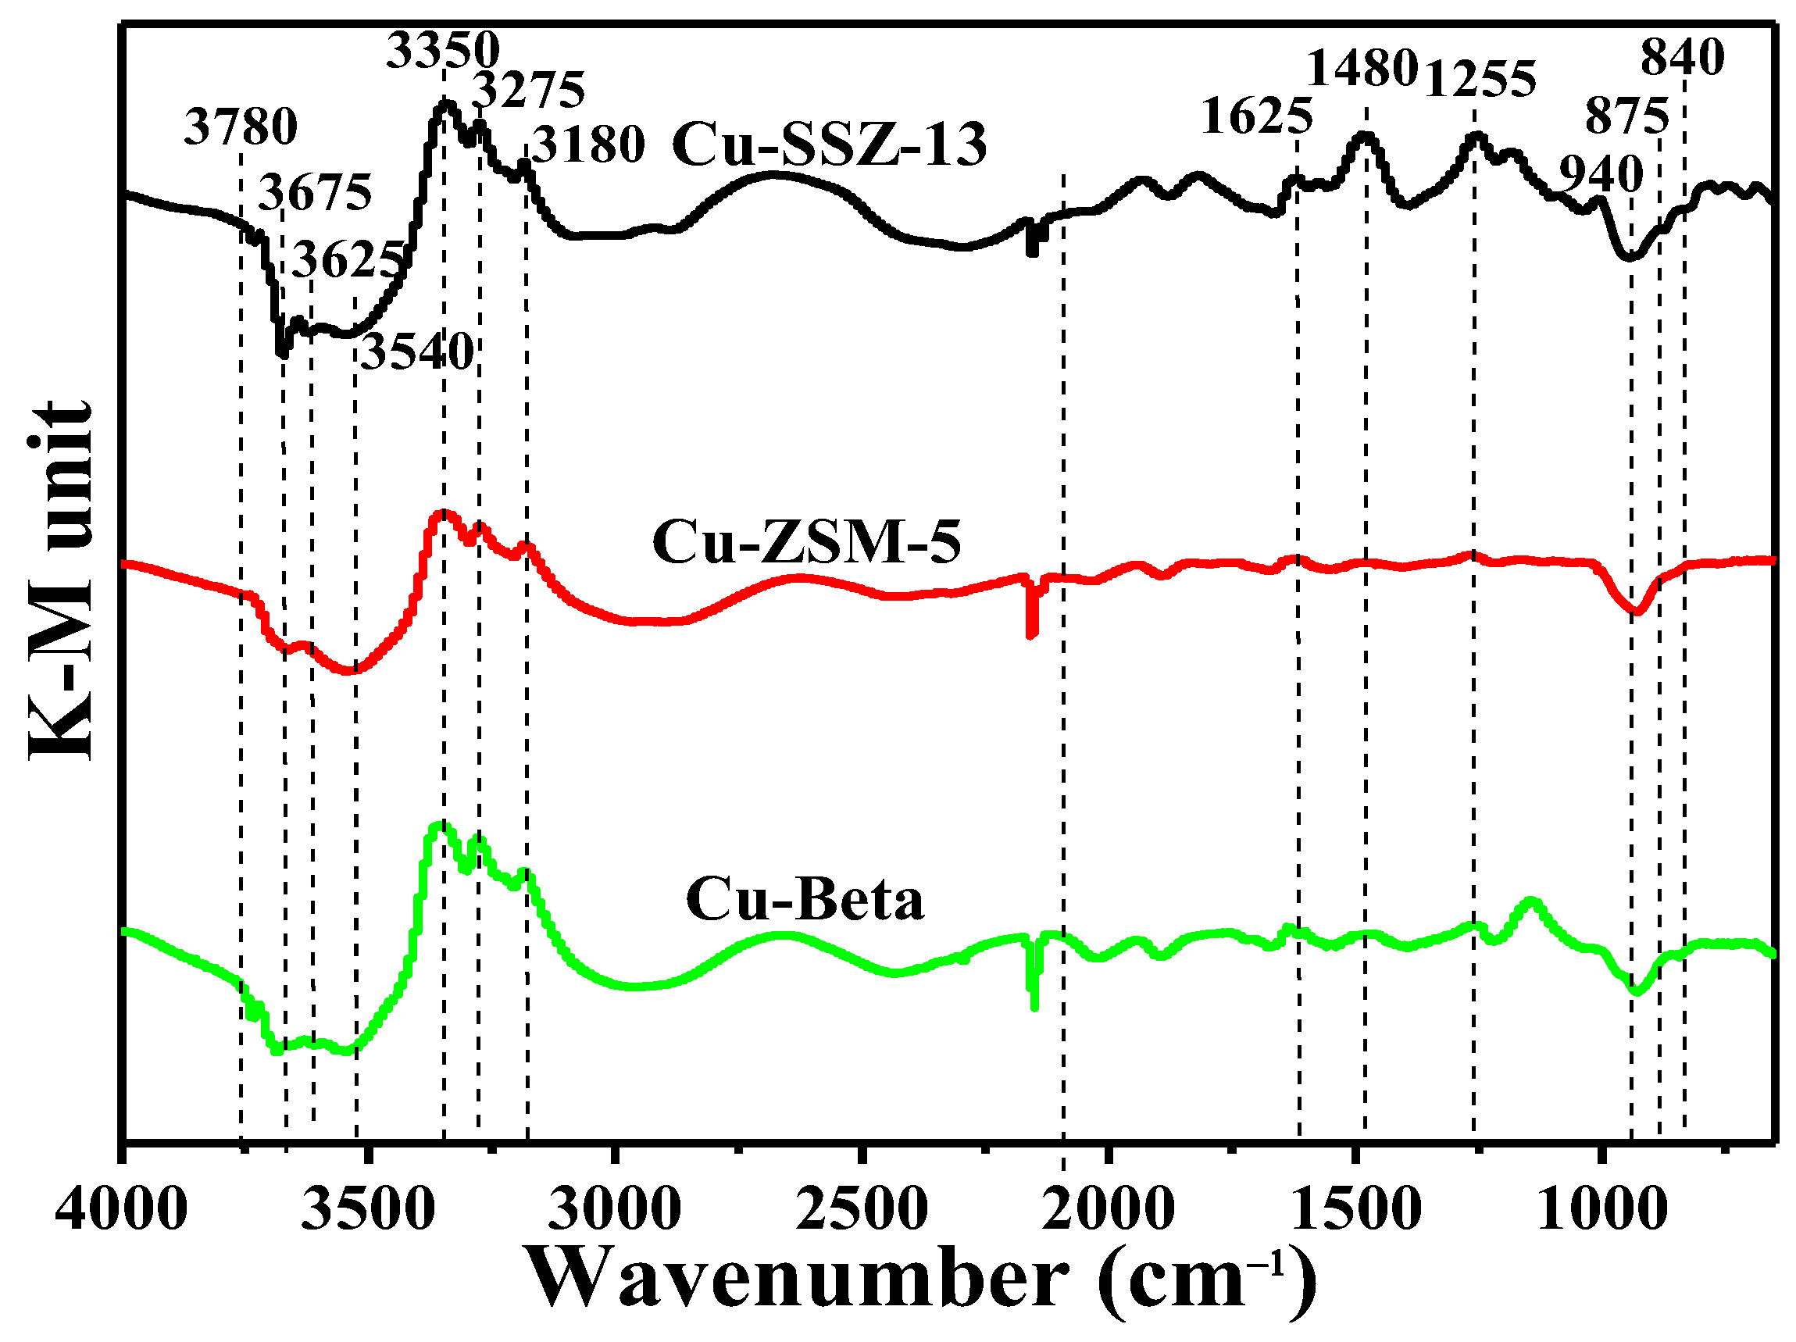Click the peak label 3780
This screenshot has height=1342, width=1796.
coord(241,127)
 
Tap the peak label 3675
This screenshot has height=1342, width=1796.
coord(315,193)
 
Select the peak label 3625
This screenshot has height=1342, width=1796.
coord(348,260)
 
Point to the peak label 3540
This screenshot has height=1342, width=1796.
coord(417,352)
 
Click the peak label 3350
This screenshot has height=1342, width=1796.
coord(442,50)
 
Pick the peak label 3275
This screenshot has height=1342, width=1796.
coord(529,89)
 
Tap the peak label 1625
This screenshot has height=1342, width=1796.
coord(1256,116)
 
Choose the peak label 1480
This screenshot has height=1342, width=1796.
coord(1362,68)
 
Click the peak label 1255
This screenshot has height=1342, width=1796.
coord(1480,80)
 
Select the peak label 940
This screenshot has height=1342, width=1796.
coord(1601,173)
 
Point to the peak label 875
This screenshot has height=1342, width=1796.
coord(1627,116)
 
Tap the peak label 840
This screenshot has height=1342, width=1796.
coord(1682,58)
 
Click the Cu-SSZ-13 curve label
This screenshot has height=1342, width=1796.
coord(829,145)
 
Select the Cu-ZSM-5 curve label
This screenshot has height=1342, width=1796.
coord(806,541)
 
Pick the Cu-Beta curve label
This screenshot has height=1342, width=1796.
coord(805,900)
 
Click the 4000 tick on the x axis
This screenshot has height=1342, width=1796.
coord(122,1210)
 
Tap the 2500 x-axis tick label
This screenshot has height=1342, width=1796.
coord(862,1210)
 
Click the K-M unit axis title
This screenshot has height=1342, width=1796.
coord(61,580)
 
